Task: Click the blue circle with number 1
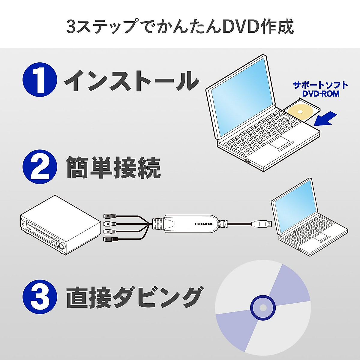coord(40,79)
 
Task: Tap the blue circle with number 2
coord(40,167)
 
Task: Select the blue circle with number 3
coord(40,297)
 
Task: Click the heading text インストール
coord(131,80)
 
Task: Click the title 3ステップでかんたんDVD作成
coord(180,26)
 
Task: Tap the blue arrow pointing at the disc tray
coord(325,118)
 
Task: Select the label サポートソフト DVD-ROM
coord(320,89)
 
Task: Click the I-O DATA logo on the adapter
coord(203,224)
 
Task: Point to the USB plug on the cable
coord(262,223)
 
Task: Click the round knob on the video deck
coord(62,246)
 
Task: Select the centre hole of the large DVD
coord(263,307)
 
